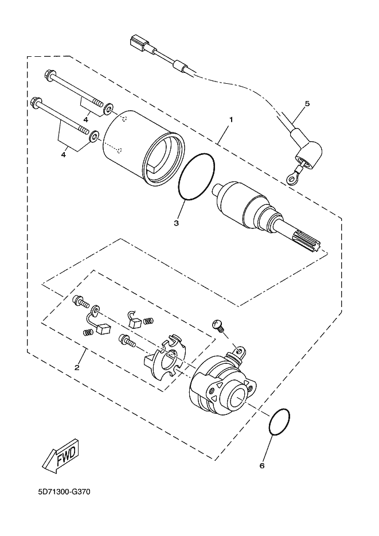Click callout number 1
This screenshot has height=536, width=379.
pos(231,120)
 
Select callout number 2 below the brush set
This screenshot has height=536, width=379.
pos(77,367)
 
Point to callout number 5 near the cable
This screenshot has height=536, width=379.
pos(307,103)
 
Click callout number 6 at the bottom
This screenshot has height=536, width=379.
pos(262,465)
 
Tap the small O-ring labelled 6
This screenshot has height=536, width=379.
pos(279,422)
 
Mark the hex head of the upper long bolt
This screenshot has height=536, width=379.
pos(49,75)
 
